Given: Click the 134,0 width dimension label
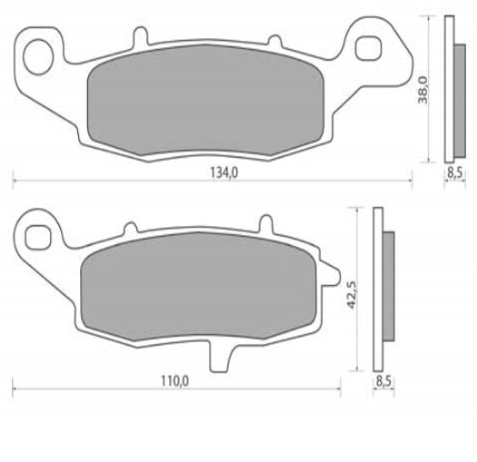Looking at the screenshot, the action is click(x=224, y=173).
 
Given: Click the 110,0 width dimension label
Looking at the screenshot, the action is click(x=175, y=381).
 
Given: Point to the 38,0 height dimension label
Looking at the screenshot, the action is click(x=422, y=90).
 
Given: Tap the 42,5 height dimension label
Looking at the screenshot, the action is click(x=352, y=294).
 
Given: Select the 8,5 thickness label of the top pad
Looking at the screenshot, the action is click(x=455, y=173).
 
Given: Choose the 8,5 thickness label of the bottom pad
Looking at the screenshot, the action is click(x=383, y=381).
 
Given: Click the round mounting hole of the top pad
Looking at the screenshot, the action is click(x=38, y=56).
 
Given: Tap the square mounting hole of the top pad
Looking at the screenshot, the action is click(x=368, y=47).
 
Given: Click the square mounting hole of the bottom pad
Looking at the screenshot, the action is click(x=37, y=238).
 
